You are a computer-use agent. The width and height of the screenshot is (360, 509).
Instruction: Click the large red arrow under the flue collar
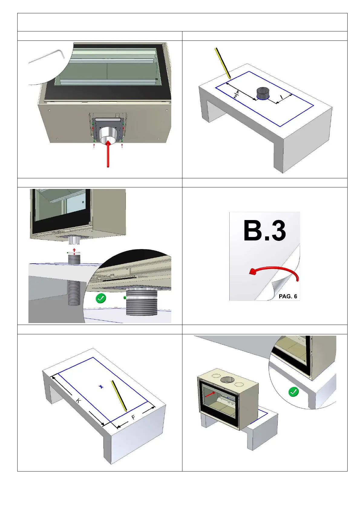click(x=108, y=154)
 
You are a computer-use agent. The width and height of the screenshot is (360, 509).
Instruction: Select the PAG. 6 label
click(x=288, y=296)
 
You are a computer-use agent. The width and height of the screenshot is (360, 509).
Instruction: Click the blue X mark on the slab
click(x=101, y=386)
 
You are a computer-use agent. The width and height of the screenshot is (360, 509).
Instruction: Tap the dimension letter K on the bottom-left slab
click(x=78, y=401)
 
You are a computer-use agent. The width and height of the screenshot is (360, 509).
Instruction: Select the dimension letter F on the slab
click(x=133, y=418)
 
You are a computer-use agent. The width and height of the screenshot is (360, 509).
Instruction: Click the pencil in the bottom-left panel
click(x=119, y=396)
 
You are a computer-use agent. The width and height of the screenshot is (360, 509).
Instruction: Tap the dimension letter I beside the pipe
click(x=281, y=97)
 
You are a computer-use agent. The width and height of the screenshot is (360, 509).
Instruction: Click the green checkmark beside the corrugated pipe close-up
click(x=101, y=299)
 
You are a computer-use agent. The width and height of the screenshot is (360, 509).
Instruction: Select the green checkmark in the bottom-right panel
click(x=293, y=392)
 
